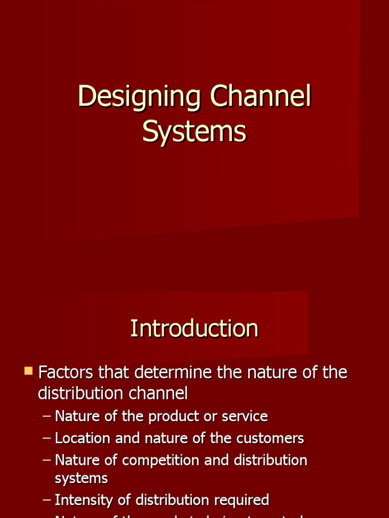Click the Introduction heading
coord(194,328)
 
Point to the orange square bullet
coord(28,371)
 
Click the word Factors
coord(66,373)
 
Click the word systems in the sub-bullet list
coord(81,478)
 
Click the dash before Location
coord(47,438)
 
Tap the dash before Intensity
coord(47,500)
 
